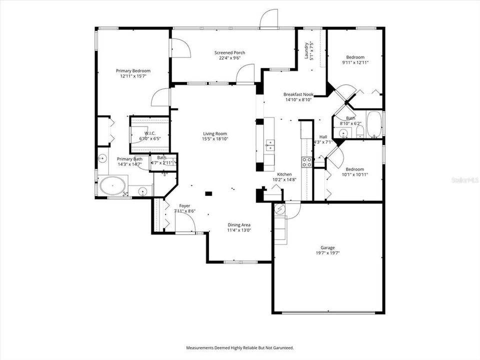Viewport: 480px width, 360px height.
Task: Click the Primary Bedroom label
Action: pyautogui.click(x=133, y=70)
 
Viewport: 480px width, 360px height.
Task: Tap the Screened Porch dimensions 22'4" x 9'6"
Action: pyautogui.click(x=230, y=58)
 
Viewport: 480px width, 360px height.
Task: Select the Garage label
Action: pyautogui.click(x=328, y=247)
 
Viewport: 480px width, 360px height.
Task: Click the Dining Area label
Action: pyautogui.click(x=239, y=224)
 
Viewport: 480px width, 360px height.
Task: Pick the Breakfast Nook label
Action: pyautogui.click(x=298, y=94)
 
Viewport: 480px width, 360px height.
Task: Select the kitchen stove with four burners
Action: pyautogui.click(x=306, y=161)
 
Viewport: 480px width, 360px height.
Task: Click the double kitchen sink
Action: pyautogui.click(x=269, y=145)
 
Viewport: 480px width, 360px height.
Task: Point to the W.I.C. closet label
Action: pyautogui.click(x=150, y=133)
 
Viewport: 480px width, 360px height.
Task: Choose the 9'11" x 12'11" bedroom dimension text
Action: pyautogui.click(x=355, y=62)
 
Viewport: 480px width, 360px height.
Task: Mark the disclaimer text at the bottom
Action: pyautogui.click(x=240, y=347)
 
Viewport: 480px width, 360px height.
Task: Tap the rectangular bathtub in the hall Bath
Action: pyautogui.click(x=374, y=124)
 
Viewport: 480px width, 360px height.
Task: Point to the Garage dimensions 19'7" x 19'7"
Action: pyautogui.click(x=328, y=253)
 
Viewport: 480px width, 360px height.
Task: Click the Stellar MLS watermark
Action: pyautogui.click(x=464, y=179)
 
